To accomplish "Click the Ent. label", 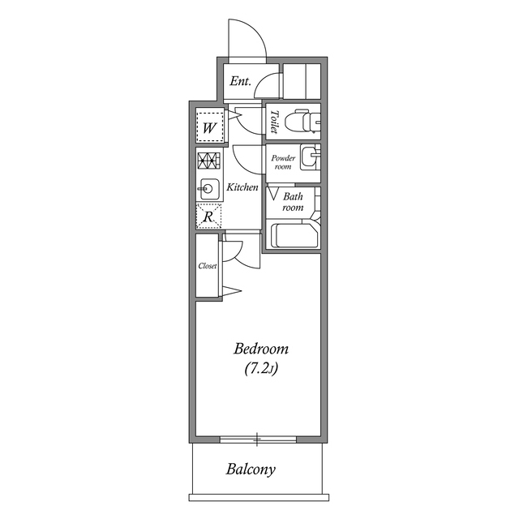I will [240, 81].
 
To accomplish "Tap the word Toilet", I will [275, 122].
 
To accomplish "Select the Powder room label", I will [281, 161].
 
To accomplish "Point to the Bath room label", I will [292, 202].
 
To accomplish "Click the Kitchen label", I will [242, 187].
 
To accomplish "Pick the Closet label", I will [208, 266].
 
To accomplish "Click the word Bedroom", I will [261, 350].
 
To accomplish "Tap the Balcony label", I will [251, 469].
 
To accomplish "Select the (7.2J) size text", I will [261, 370].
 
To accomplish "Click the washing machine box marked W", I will [209, 127].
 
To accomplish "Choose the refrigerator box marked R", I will [208, 217].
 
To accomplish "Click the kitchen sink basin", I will [208, 189].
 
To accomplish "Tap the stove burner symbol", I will [208, 160].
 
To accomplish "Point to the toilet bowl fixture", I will [305, 122].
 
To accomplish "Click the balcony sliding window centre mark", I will [258, 440].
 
